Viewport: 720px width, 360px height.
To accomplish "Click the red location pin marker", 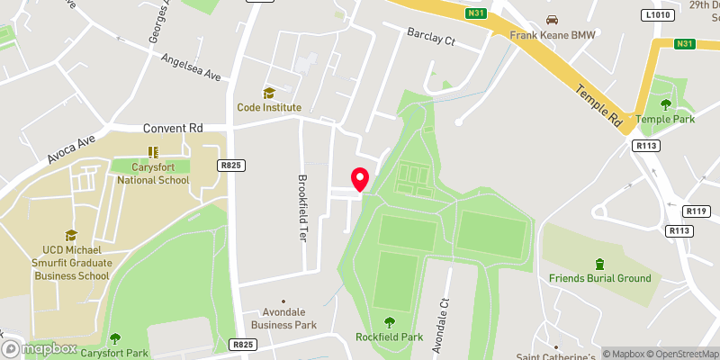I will [360, 179].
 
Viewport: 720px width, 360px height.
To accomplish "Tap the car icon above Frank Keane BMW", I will [553, 20].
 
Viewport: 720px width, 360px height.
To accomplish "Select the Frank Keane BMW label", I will [553, 35].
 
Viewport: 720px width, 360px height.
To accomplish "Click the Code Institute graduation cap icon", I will [268, 93].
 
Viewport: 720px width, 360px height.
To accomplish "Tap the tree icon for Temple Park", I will [666, 104].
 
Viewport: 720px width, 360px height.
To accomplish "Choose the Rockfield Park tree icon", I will [390, 322].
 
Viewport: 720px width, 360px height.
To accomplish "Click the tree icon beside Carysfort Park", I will [115, 338].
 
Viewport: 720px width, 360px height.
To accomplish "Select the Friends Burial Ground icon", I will [599, 263].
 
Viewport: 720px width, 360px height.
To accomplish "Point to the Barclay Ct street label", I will [431, 40].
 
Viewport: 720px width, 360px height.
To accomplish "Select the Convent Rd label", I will [172, 129].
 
